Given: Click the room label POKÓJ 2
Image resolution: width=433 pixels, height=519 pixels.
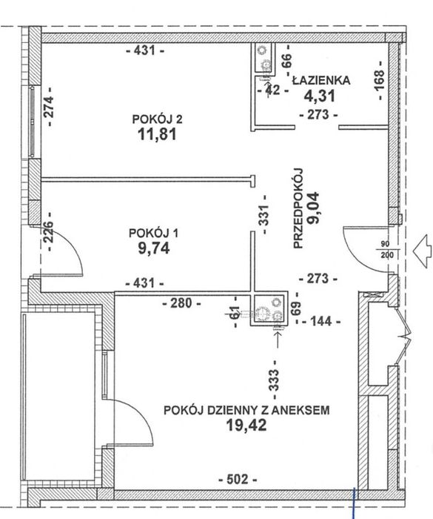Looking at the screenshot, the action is [x=157, y=119].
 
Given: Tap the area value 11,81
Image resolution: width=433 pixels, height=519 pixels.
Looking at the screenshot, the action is [x=157, y=134].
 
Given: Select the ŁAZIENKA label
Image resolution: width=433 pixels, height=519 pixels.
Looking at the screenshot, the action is [x=321, y=80].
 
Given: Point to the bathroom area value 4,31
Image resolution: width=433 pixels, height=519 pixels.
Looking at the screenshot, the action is [x=320, y=96].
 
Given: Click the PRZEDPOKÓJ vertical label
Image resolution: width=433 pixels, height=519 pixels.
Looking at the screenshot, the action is [x=298, y=208].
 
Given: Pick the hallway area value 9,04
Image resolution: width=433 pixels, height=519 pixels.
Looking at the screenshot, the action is [x=313, y=208].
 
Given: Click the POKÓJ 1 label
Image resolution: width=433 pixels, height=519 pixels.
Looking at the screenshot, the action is [x=153, y=233].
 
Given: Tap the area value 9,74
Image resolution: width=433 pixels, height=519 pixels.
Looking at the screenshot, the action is [x=154, y=248].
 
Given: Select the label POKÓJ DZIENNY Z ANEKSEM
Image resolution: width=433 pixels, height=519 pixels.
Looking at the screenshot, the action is [x=246, y=411].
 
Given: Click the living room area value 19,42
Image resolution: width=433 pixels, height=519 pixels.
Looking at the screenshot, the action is [x=246, y=426].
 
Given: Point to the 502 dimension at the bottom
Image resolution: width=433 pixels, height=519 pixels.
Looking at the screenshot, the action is [x=238, y=479].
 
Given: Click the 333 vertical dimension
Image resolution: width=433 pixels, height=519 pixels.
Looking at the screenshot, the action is [x=275, y=380].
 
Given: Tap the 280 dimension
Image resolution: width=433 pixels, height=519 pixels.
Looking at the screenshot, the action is [x=182, y=303].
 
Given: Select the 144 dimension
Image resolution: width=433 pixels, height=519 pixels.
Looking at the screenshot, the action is [x=321, y=321].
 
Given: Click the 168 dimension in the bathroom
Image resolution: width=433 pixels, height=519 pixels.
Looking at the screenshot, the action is [x=380, y=80].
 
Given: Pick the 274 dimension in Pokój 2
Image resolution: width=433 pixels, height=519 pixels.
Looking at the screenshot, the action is [x=50, y=107].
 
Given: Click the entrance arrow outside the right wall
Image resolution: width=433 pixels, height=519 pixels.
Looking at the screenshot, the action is [x=423, y=251].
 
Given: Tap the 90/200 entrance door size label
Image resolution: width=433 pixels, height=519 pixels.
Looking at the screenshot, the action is [x=385, y=250].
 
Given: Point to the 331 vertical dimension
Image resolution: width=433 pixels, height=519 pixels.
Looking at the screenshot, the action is [x=264, y=215].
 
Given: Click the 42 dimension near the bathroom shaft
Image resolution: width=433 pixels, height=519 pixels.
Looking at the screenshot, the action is [x=273, y=90].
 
